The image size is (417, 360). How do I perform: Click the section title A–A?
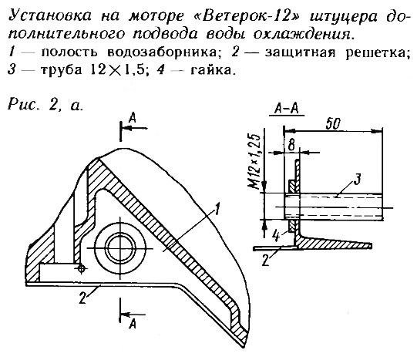(287, 109)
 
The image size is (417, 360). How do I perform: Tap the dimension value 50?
(333, 123)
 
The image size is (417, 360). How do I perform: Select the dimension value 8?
(291, 145)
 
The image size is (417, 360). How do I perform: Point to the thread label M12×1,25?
(254, 161)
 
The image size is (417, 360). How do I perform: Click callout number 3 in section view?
(358, 179)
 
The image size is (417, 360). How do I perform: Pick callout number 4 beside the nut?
(277, 236)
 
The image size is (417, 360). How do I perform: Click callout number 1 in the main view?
(217, 208)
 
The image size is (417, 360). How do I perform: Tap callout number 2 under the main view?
(82, 298)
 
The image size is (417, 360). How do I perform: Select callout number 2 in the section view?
(266, 261)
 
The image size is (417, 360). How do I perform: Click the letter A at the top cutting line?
(133, 117)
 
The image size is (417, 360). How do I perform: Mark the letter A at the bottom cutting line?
(133, 324)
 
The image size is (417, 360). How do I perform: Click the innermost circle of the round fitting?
(120, 247)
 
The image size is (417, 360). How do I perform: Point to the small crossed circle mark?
(82, 269)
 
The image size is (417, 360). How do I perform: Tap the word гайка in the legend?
(213, 70)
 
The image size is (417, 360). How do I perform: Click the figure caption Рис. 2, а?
(45, 105)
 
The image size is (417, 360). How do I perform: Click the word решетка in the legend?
(378, 53)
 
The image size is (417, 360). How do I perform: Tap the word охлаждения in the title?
(304, 34)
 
